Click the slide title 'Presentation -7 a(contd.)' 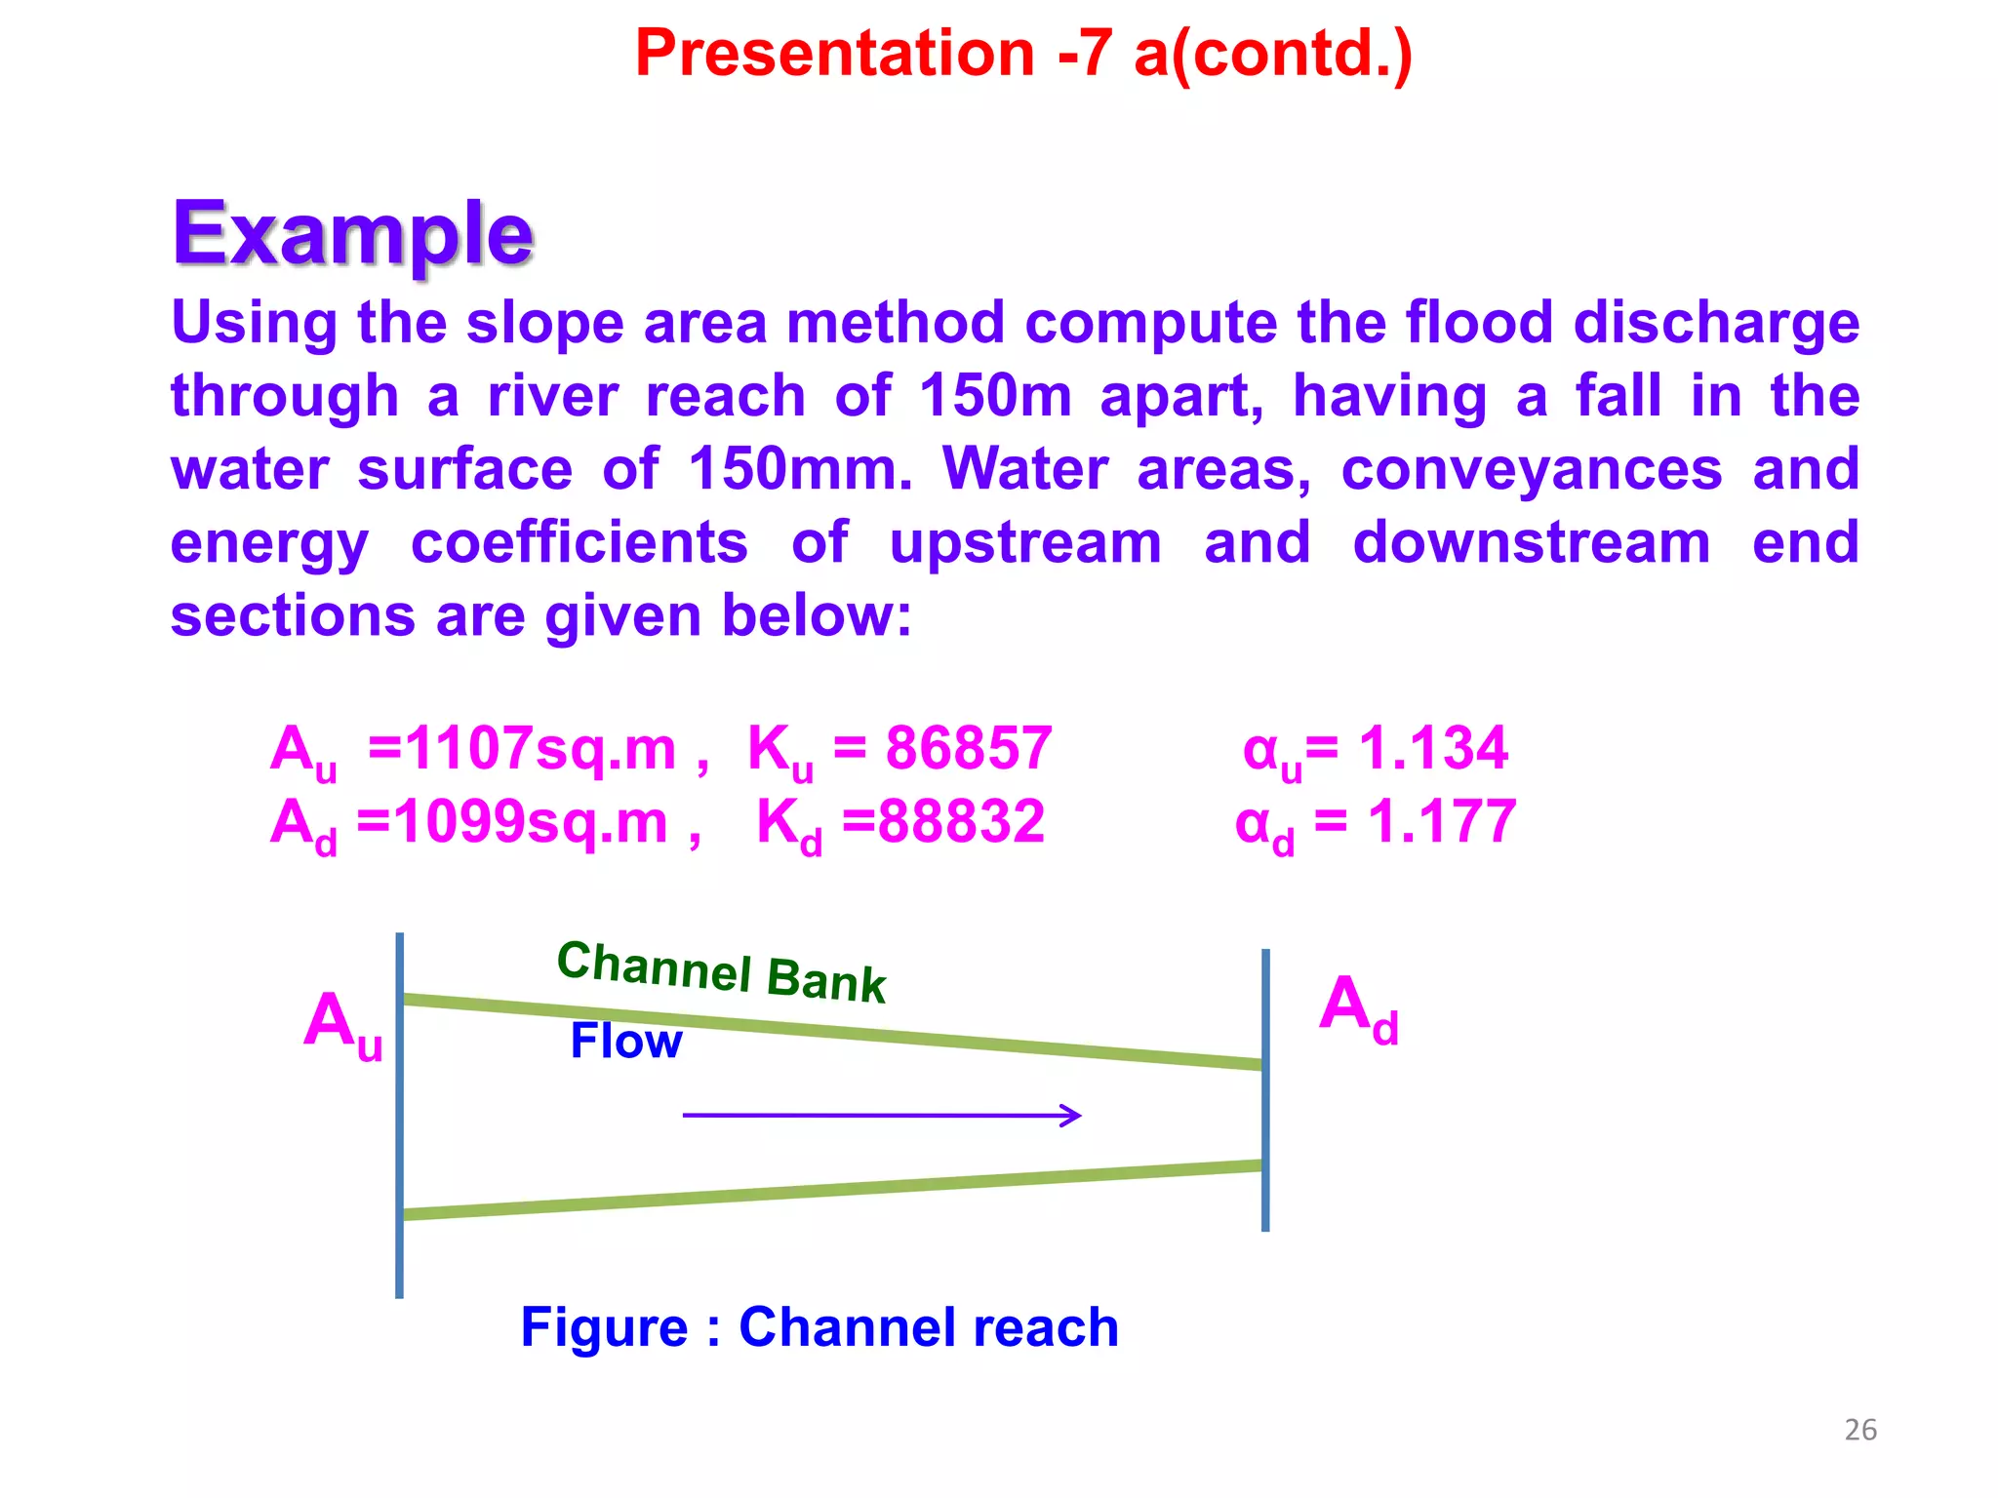point(1023,54)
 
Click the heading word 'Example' point(353,234)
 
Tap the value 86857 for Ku point(968,749)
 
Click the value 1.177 point(1441,822)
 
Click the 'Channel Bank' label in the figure point(721,971)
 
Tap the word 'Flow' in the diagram point(625,1042)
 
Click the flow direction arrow point(882,1115)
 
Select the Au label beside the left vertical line point(342,1024)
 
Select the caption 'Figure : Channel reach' point(819,1327)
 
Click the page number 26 point(1860,1430)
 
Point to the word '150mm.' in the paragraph point(800,469)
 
